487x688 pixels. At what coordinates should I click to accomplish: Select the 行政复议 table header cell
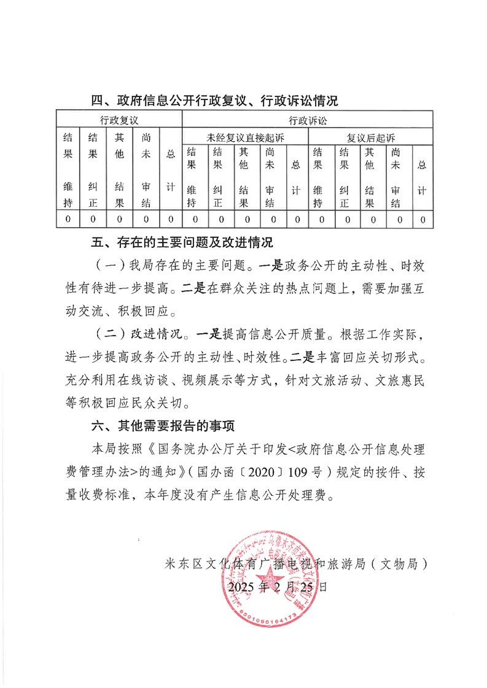click(120, 119)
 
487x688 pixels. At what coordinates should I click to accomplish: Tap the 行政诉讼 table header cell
click(308, 119)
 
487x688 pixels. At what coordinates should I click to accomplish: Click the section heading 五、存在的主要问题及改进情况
click(182, 243)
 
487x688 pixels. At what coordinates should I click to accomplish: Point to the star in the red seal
click(271, 581)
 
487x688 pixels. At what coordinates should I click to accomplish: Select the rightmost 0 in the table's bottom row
click(422, 219)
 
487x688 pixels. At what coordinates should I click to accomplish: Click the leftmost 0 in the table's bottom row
click(68, 219)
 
